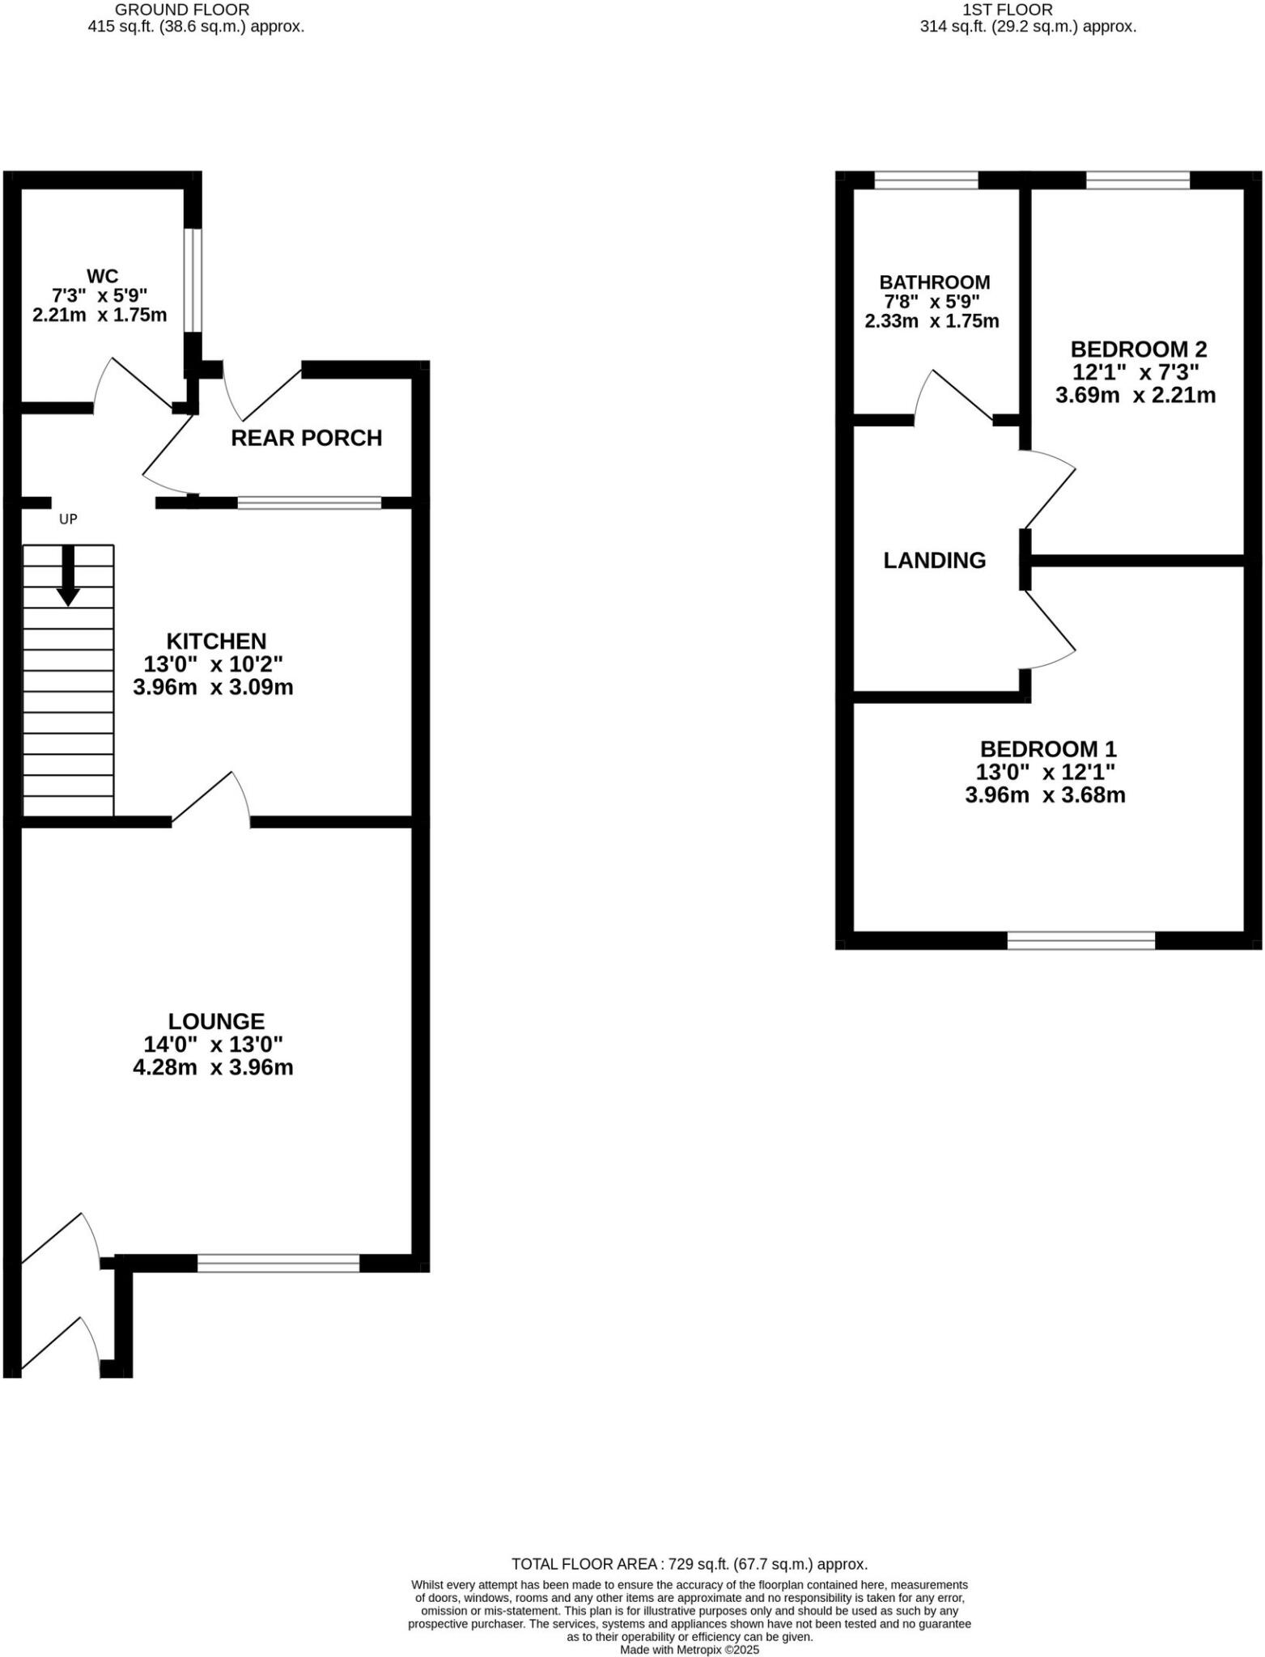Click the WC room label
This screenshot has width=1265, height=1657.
tap(102, 276)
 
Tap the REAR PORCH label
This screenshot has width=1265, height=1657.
tap(306, 438)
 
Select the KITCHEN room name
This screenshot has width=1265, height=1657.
tap(216, 641)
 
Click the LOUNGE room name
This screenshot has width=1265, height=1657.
tap(216, 1021)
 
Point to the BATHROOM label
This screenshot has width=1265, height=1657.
tap(934, 282)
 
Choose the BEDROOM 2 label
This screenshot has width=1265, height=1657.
tap(1138, 350)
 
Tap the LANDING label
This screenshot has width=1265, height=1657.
tap(934, 560)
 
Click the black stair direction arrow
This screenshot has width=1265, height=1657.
tap(68, 575)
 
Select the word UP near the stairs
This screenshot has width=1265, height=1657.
tap(68, 519)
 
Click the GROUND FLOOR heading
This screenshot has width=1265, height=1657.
tap(182, 10)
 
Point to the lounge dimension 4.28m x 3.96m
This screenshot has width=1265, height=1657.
tap(213, 1067)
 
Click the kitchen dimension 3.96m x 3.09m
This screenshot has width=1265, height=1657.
tap(213, 688)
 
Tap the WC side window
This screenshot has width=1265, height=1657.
tap(192, 280)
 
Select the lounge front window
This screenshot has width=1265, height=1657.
tap(278, 1263)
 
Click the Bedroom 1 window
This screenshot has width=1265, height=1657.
tap(1080, 940)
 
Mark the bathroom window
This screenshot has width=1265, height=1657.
tap(926, 180)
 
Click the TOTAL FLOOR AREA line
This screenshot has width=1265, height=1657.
tap(689, 1564)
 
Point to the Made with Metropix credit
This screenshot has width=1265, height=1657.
tap(689, 1649)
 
